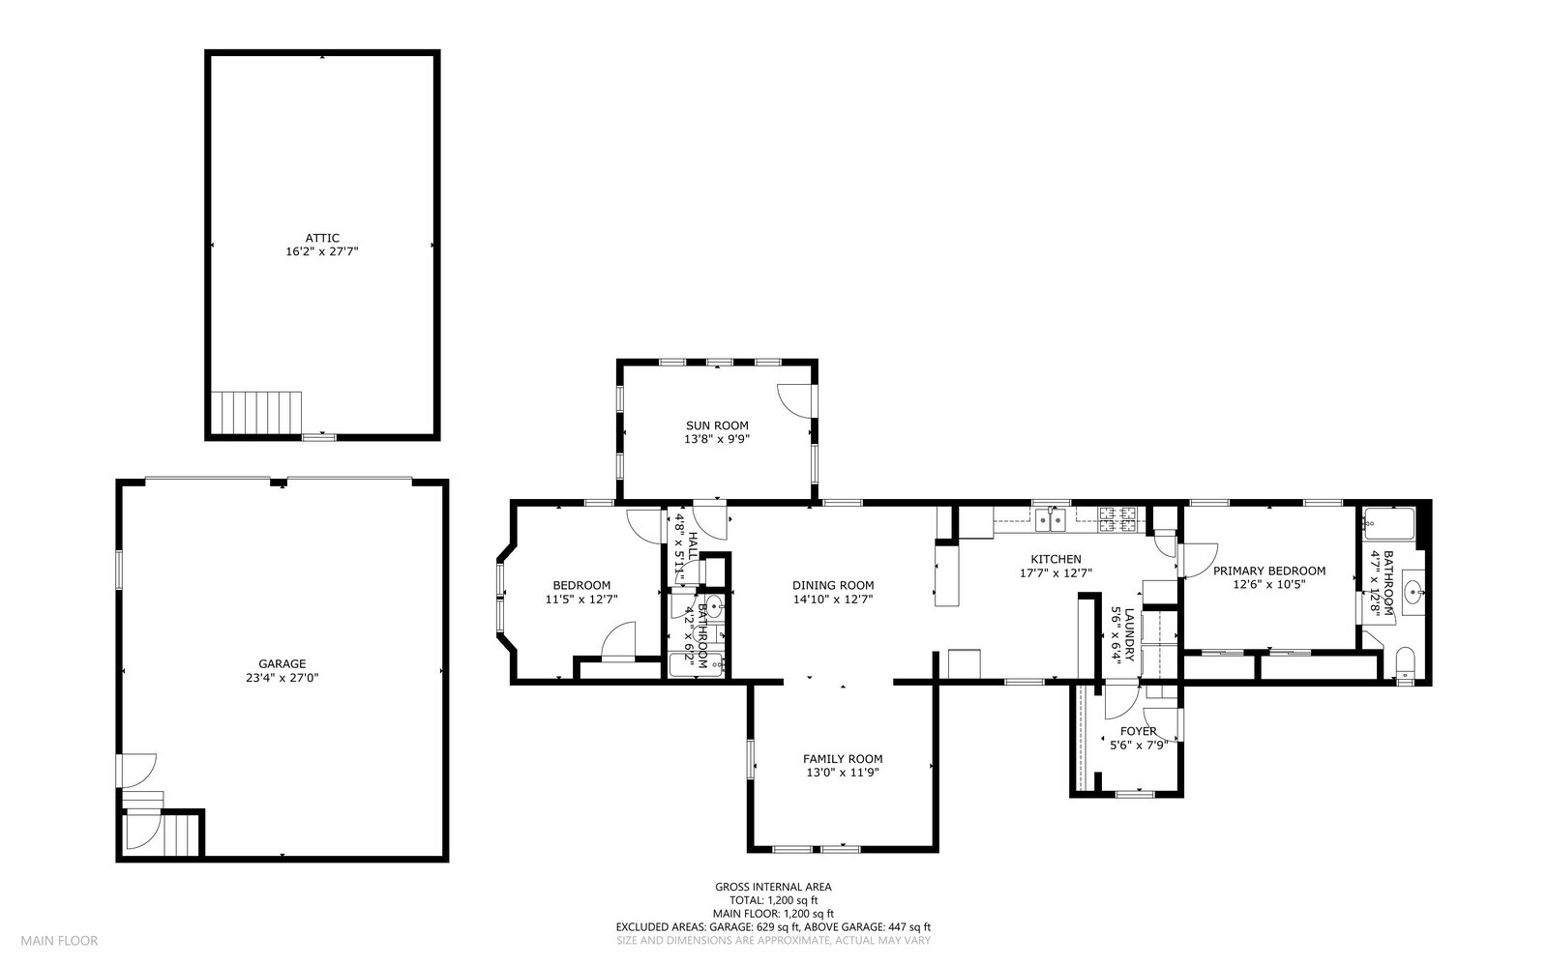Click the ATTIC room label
(x=322, y=238)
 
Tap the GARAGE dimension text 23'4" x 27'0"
(x=282, y=678)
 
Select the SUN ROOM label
(x=717, y=425)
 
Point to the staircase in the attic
(x=256, y=412)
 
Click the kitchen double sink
(x=1050, y=520)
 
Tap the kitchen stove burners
(x=1118, y=520)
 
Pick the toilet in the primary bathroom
(x=1405, y=664)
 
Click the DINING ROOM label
(x=833, y=586)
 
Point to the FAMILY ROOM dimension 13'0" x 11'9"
(x=843, y=773)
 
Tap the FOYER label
(x=1138, y=731)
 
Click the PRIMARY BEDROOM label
(x=1269, y=571)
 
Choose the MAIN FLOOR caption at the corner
(x=59, y=941)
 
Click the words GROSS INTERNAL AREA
(x=773, y=887)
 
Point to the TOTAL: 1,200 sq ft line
(x=773, y=900)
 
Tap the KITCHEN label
(x=1056, y=559)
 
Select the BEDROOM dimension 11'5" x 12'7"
(x=581, y=600)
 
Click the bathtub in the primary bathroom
(x=1389, y=524)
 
